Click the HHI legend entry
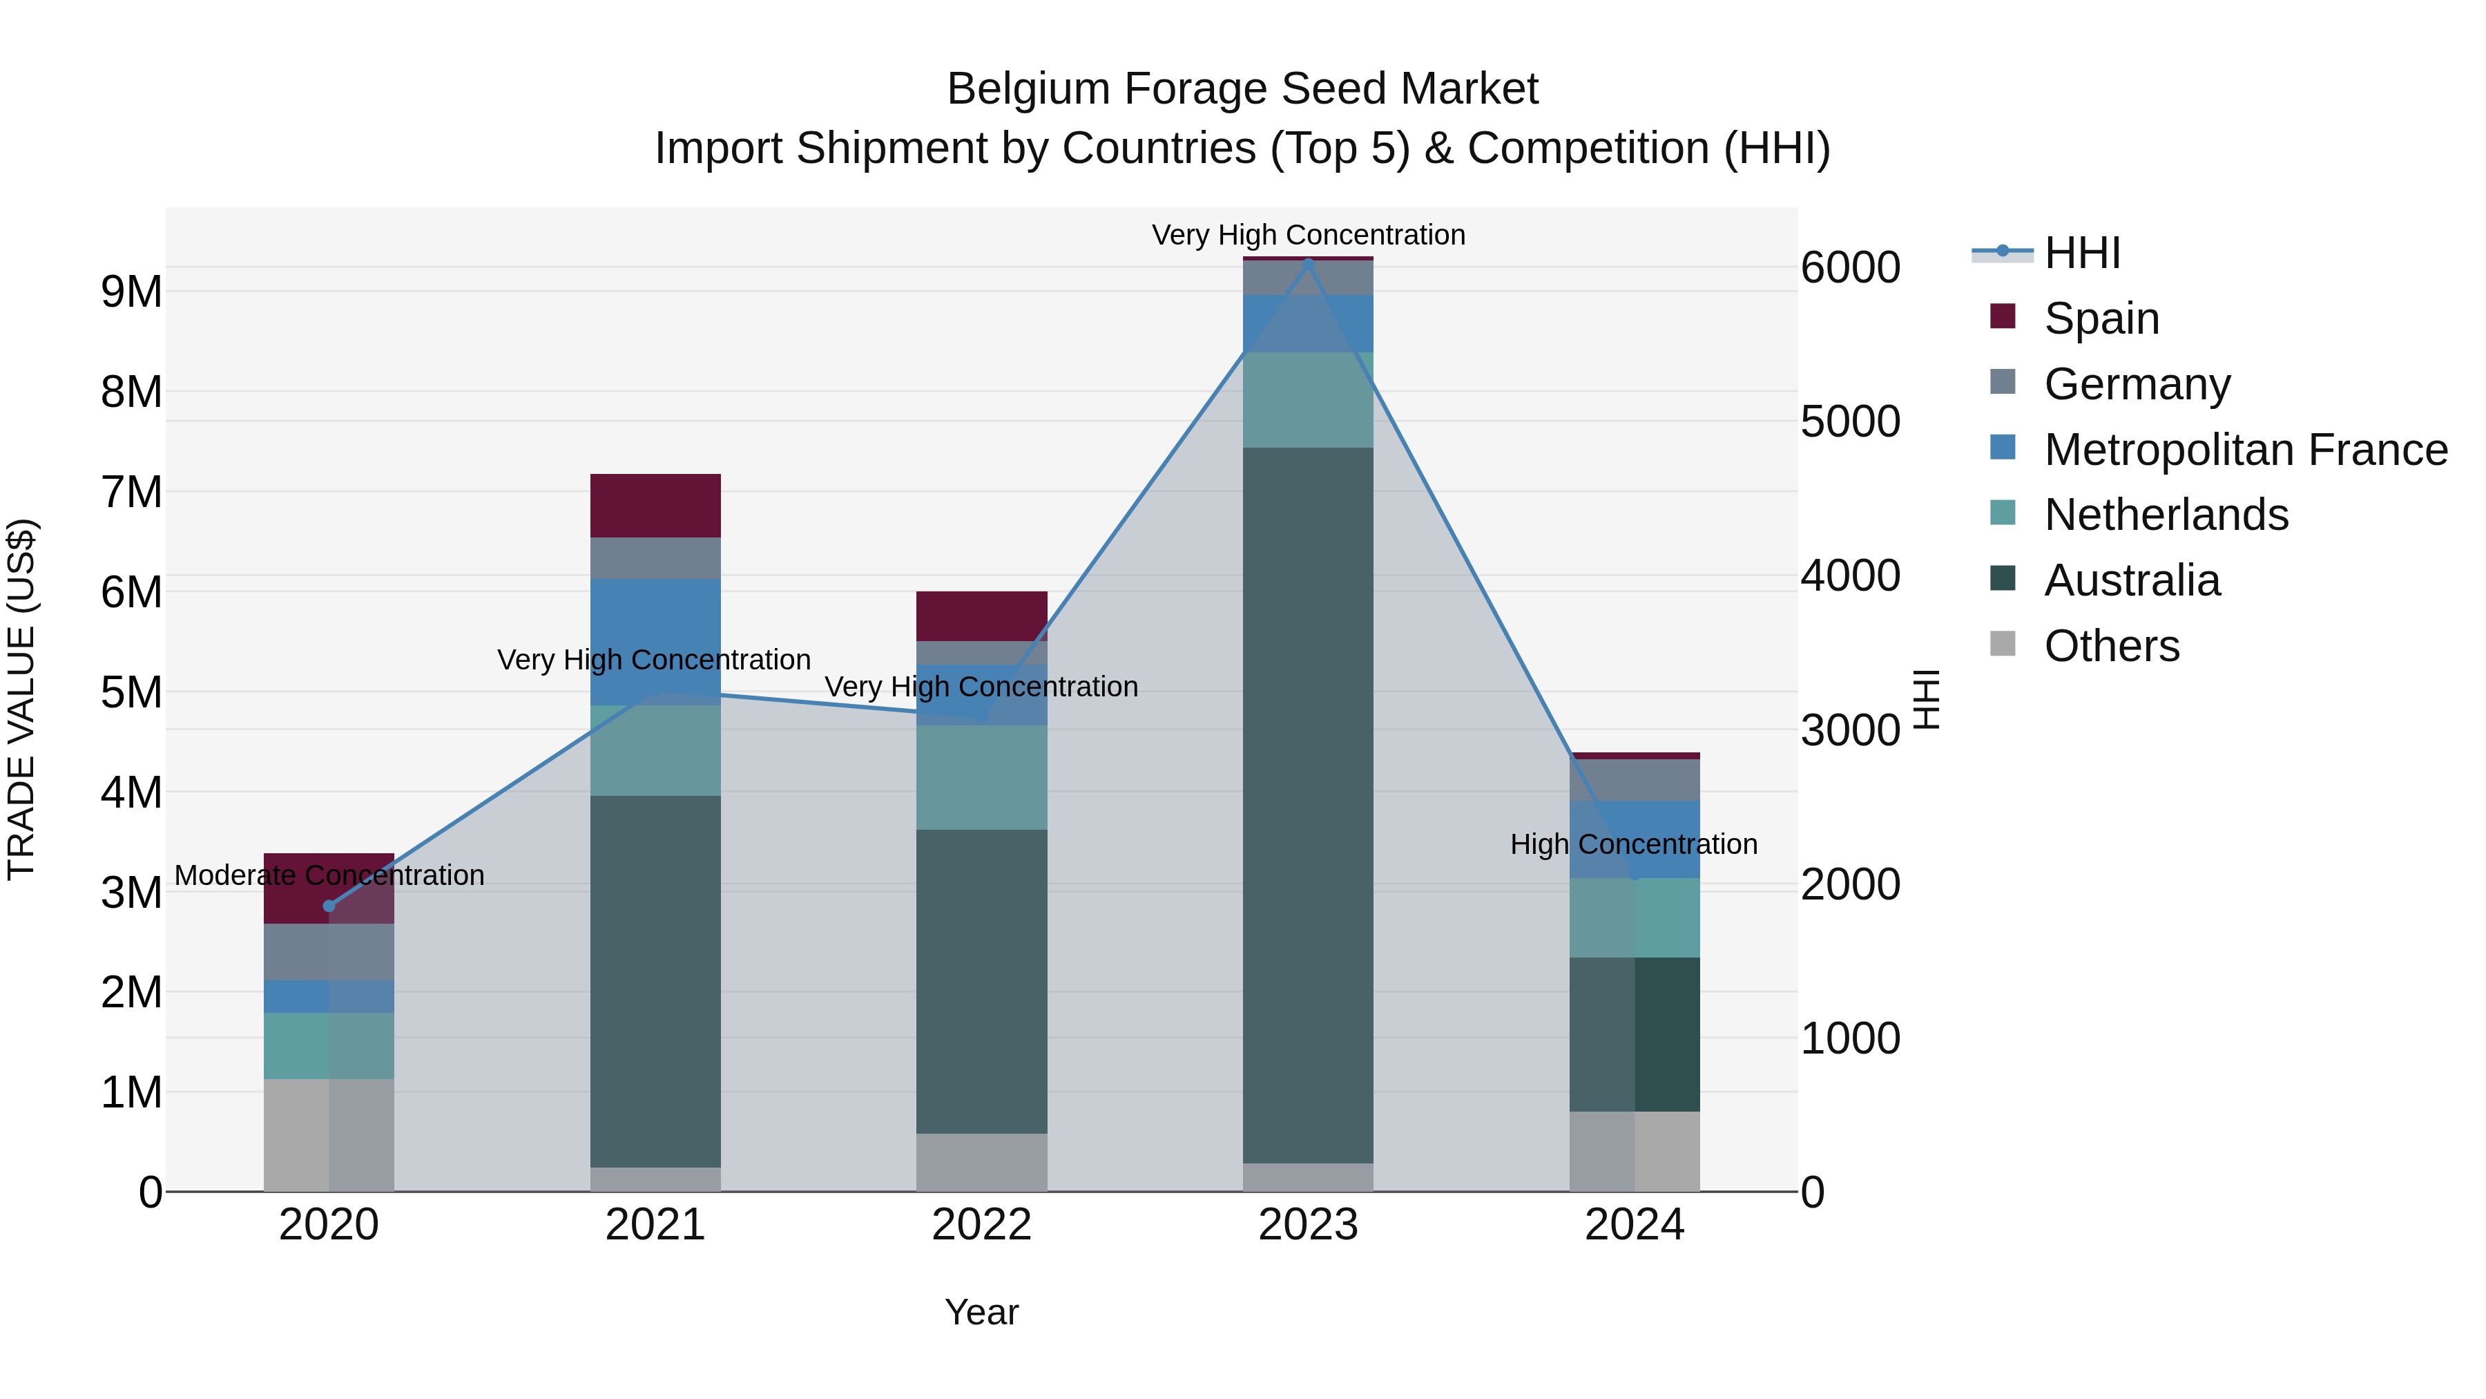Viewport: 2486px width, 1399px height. [2081, 253]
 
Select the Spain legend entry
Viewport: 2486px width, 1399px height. [2100, 318]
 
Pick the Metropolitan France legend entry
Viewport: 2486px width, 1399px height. [2245, 450]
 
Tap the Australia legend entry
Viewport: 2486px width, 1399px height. [2131, 580]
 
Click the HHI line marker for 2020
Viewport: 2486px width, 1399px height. [329, 906]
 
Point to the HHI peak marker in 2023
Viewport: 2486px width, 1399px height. [1308, 263]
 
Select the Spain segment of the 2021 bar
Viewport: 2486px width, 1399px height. [655, 505]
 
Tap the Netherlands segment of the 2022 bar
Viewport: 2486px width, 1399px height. [981, 777]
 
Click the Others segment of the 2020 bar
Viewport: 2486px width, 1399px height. [329, 1134]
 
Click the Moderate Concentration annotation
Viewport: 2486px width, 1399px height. [329, 876]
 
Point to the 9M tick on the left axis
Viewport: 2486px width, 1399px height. [131, 292]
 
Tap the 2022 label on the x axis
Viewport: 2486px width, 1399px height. [981, 1225]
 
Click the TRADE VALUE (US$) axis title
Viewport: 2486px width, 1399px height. [21, 699]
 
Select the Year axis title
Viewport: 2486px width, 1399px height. [981, 1312]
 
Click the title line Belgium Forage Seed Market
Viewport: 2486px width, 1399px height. [1242, 89]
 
